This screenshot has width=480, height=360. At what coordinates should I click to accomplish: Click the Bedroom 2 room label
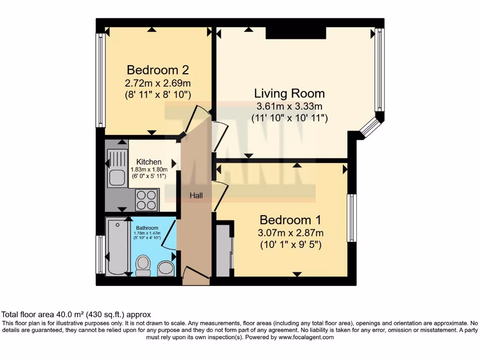click(158, 70)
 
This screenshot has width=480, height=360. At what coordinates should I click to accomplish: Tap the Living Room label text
click(289, 93)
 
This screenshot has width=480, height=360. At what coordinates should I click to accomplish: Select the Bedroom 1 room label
click(291, 220)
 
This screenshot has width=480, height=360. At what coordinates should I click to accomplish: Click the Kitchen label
click(149, 162)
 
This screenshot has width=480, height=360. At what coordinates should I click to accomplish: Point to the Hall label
click(196, 195)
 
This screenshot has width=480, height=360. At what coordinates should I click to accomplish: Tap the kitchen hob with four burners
click(147, 200)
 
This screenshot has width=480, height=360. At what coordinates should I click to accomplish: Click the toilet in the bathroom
click(143, 266)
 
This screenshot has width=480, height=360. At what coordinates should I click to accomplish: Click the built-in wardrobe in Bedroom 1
click(224, 251)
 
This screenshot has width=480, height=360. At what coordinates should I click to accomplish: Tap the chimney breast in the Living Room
click(295, 33)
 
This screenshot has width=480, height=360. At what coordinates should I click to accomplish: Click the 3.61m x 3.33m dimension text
click(289, 106)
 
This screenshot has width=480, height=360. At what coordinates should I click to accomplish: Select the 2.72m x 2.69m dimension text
click(158, 83)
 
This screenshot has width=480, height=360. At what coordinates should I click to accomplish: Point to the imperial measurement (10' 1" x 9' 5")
click(291, 244)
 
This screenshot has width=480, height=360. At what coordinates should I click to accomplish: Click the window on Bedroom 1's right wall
click(352, 218)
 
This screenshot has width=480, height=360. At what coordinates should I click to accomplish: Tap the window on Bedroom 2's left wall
click(99, 80)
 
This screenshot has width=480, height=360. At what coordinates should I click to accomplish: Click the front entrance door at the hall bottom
click(195, 277)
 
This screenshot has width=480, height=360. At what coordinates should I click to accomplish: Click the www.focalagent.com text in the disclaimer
click(306, 337)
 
